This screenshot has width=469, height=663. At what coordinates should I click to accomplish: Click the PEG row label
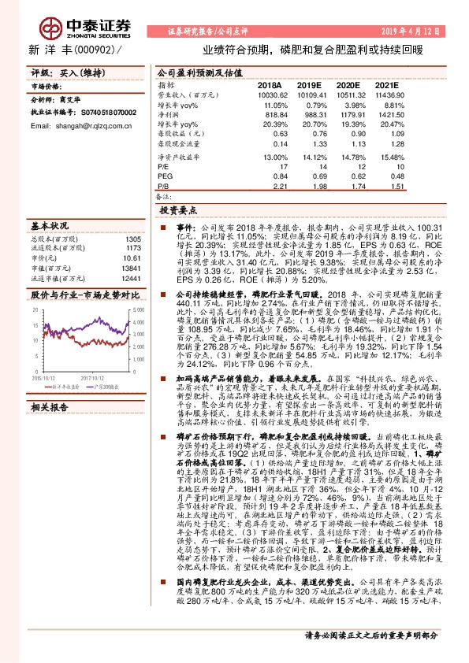pyautogui.click(x=164, y=176)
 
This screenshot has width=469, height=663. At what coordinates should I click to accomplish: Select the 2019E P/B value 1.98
pyautogui.click(x=314, y=187)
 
